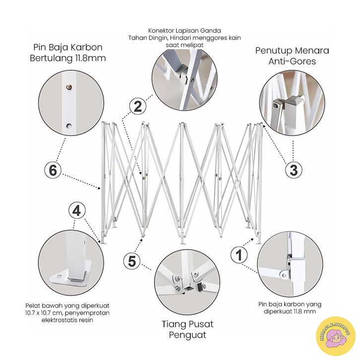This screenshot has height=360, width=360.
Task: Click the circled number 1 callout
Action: tap(239, 254)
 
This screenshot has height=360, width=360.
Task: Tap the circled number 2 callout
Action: tap(137, 106)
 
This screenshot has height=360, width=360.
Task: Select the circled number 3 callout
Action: tap(294, 171)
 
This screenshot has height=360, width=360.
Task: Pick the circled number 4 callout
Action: tap(77, 211)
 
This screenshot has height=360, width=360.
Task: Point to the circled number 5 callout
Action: tap(132, 261)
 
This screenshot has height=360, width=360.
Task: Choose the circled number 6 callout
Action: tap(53, 171)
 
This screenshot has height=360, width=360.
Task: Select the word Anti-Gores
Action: tap(292, 61)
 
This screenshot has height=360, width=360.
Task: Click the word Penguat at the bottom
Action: tap(187, 335)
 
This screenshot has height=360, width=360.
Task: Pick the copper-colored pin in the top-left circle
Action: tap(68, 87)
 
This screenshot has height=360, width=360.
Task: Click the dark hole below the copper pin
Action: tap(69, 126)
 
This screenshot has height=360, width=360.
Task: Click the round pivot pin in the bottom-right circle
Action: tap(284, 275)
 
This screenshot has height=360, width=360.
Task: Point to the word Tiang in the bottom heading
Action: tap(173, 324)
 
